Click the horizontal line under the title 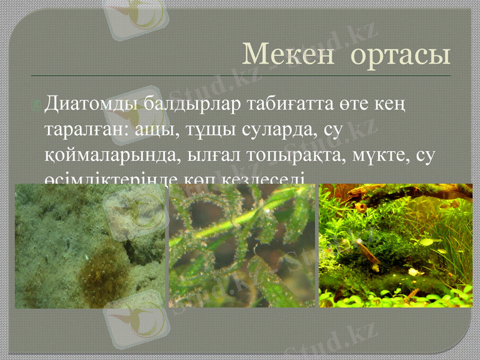pos(240,76)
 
